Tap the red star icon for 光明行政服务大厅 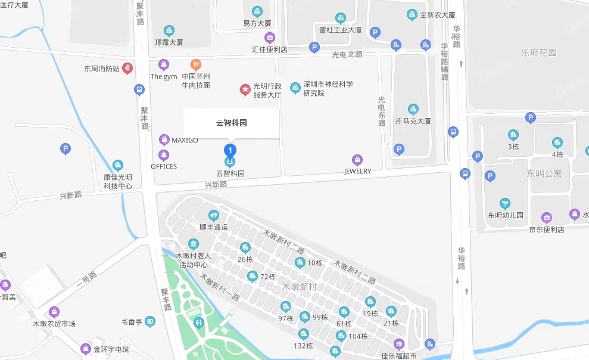[245, 89]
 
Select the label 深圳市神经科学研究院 [328, 89]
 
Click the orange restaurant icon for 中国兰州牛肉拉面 [195, 64]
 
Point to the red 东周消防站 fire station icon [127, 69]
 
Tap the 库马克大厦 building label [413, 121]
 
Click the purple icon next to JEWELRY [357, 160]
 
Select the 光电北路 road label [347, 54]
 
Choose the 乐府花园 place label [538, 52]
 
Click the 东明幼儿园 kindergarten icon [505, 204]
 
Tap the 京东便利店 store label [546, 229]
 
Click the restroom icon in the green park [200, 322]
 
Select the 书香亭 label [132, 322]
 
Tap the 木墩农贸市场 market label [54, 324]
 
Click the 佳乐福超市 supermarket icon [398, 344]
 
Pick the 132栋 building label [303, 346]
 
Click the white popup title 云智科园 [231, 123]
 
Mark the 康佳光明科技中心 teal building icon [118, 165]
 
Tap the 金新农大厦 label [438, 15]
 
